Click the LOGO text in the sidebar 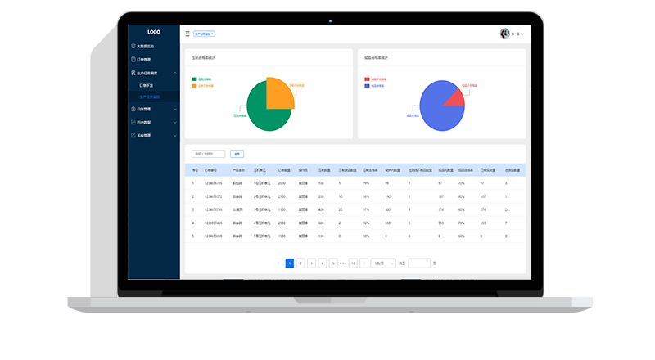point(153,32)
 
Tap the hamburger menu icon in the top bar point(187,34)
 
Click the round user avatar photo point(505,34)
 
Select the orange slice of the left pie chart point(281,93)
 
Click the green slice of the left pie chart point(264,113)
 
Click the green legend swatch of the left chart point(194,79)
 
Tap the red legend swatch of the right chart point(367,79)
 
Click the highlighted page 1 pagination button point(290,263)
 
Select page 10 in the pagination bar point(353,263)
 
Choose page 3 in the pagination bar point(311,263)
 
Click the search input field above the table point(208,154)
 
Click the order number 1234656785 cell point(213,183)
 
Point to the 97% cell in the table point(366,209)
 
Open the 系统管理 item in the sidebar point(143,135)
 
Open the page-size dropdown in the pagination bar point(382,263)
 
